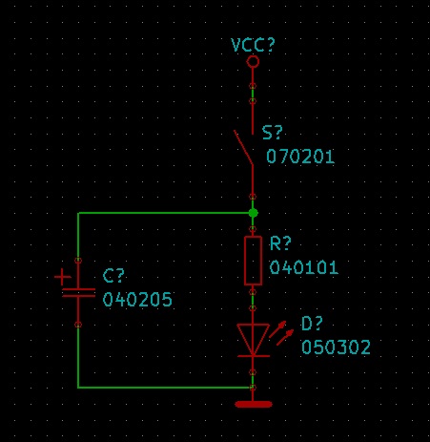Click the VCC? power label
(x=253, y=45)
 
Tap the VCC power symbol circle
(x=253, y=61)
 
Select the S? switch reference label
(x=272, y=133)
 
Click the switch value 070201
(x=300, y=157)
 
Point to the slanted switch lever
(x=243, y=147)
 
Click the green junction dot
(x=253, y=213)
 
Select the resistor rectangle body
(x=253, y=261)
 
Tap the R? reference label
(x=280, y=243)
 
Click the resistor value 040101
(x=304, y=267)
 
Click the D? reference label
(x=312, y=324)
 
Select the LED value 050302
(x=336, y=347)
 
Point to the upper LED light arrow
(x=277, y=329)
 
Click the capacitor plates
(x=78, y=293)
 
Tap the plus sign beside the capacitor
(x=62, y=277)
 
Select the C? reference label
(x=113, y=276)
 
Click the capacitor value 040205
(x=137, y=300)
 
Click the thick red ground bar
(x=254, y=404)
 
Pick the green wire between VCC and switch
(x=253, y=94)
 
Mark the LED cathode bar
(x=254, y=356)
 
